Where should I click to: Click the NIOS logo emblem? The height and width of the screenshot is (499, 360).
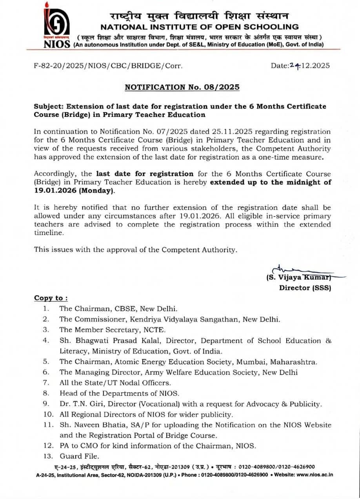coord(57,24)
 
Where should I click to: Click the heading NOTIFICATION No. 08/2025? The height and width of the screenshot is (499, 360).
coord(182,87)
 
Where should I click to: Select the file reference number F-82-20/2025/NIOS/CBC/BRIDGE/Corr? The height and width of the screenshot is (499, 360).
coord(108,66)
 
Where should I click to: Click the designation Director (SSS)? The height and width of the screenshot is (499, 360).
coord(305,288)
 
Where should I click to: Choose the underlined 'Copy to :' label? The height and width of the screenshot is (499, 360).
coord(51,298)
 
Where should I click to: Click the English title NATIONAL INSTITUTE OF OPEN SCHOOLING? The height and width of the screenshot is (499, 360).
coord(199,27)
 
